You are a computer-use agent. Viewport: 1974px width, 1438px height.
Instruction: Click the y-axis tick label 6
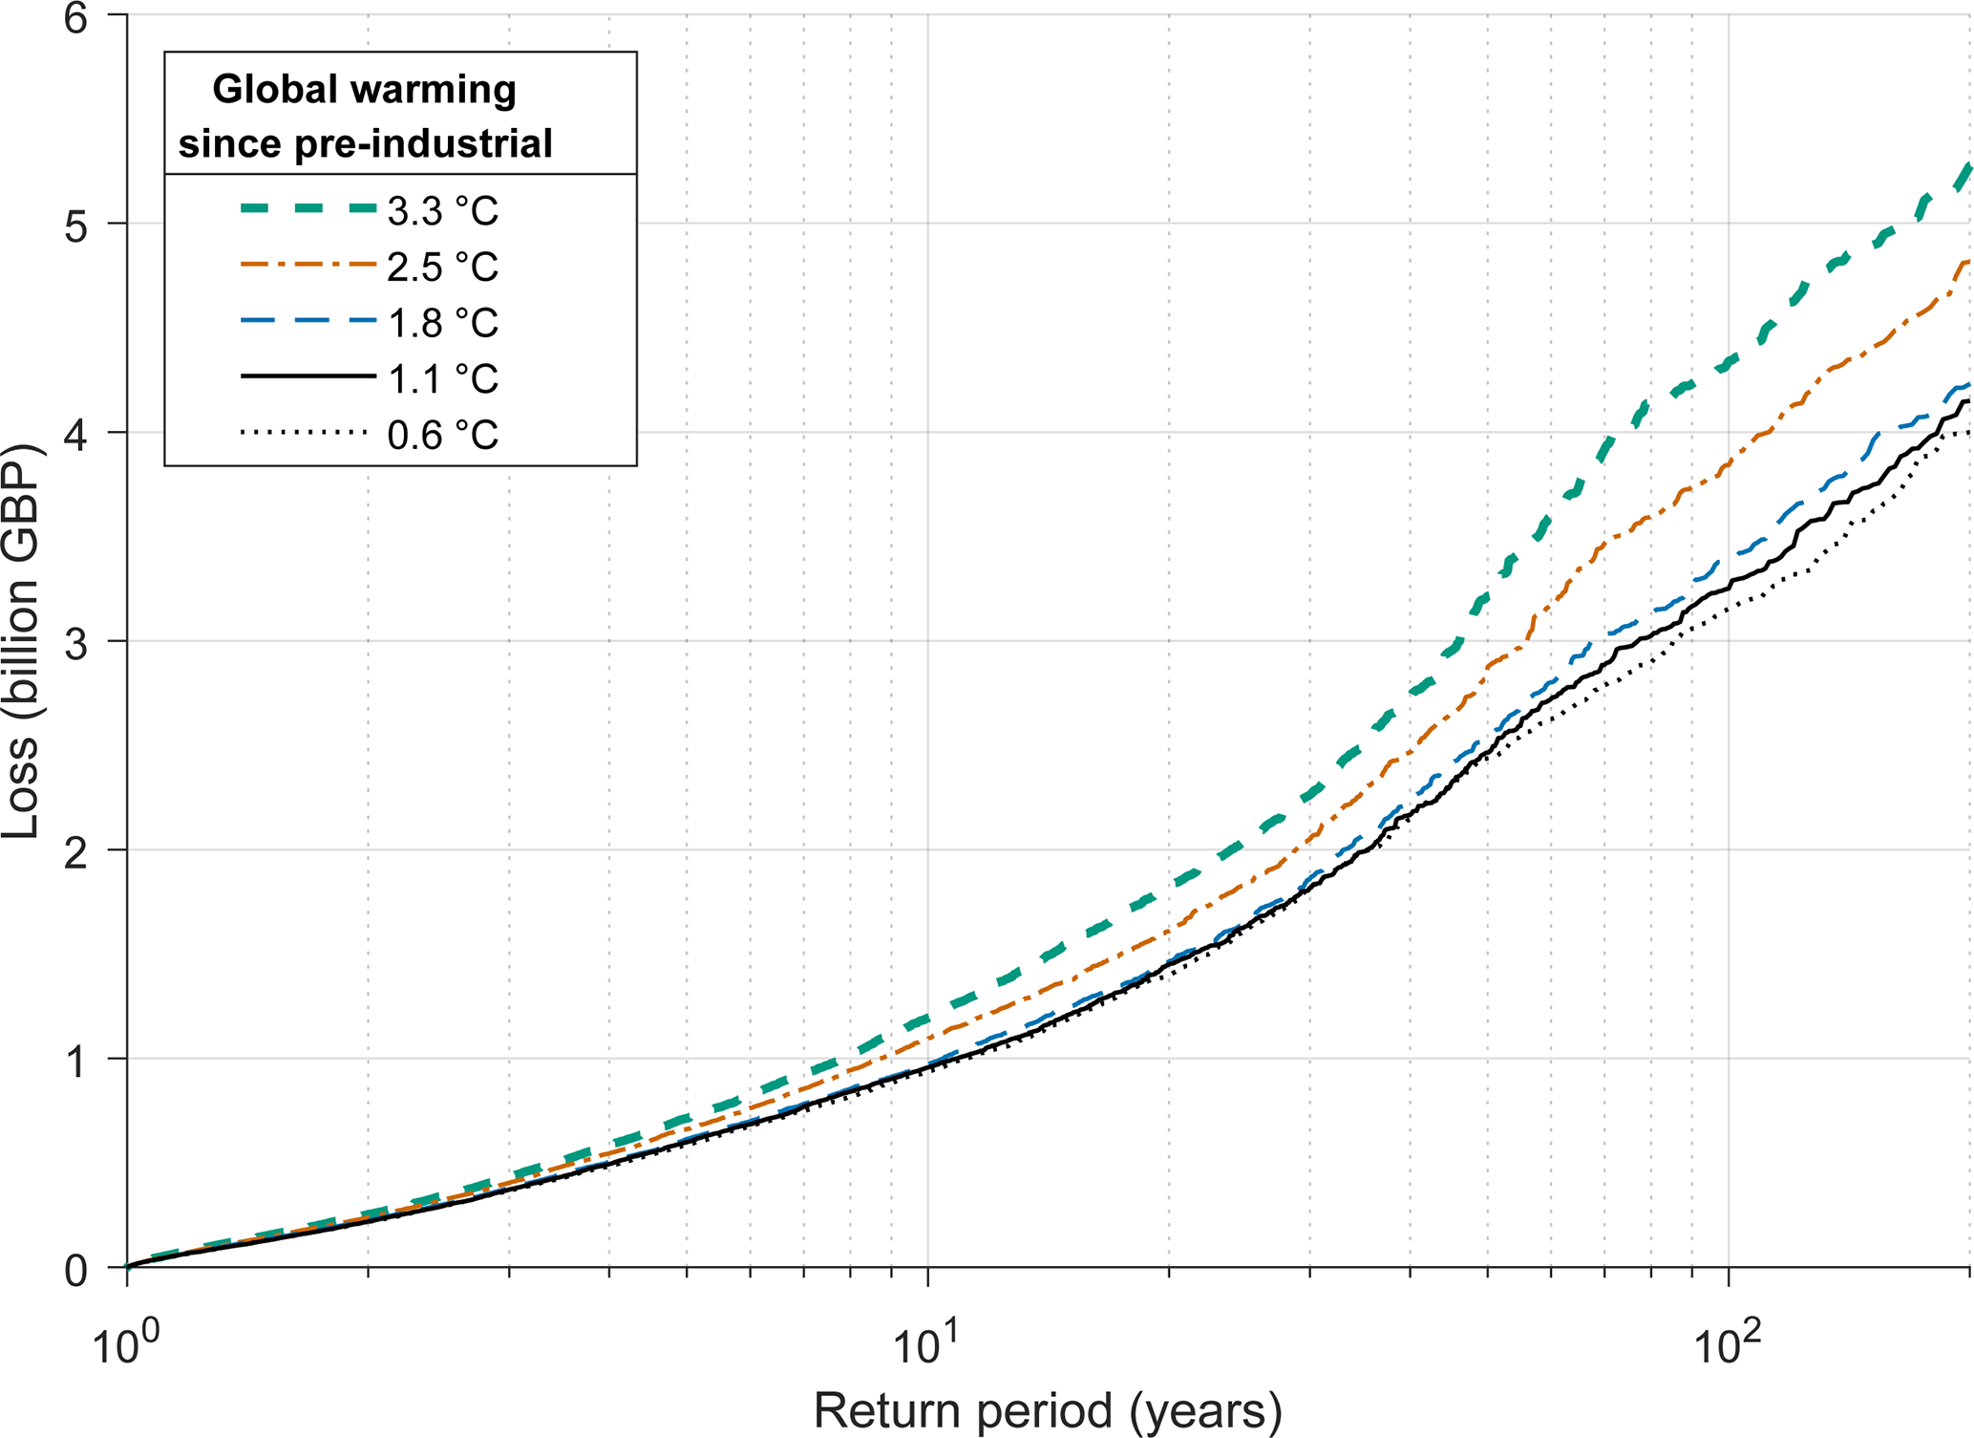click(x=76, y=19)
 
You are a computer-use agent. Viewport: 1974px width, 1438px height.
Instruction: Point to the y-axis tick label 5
click(x=76, y=227)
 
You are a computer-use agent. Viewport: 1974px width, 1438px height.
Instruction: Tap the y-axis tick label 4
click(x=76, y=436)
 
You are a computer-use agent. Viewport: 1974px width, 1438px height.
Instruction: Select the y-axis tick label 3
click(x=76, y=644)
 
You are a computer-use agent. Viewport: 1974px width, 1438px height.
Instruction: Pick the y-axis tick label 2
click(x=76, y=852)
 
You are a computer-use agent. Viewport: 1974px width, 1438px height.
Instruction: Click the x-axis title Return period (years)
click(x=1048, y=1410)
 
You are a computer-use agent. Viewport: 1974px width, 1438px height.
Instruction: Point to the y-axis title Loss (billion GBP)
click(x=21, y=642)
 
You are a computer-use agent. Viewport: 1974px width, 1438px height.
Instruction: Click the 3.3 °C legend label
click(x=443, y=211)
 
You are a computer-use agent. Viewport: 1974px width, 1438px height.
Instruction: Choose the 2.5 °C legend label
click(x=443, y=267)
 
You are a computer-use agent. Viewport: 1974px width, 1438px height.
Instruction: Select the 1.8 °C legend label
click(x=443, y=323)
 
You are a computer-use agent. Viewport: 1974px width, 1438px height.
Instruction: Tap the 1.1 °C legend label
click(x=443, y=379)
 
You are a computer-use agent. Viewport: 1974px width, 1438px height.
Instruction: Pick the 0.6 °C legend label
click(x=443, y=436)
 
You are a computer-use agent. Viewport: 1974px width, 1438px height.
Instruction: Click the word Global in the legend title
click(x=273, y=90)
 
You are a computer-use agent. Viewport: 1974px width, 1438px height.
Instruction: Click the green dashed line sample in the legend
click(x=308, y=209)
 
